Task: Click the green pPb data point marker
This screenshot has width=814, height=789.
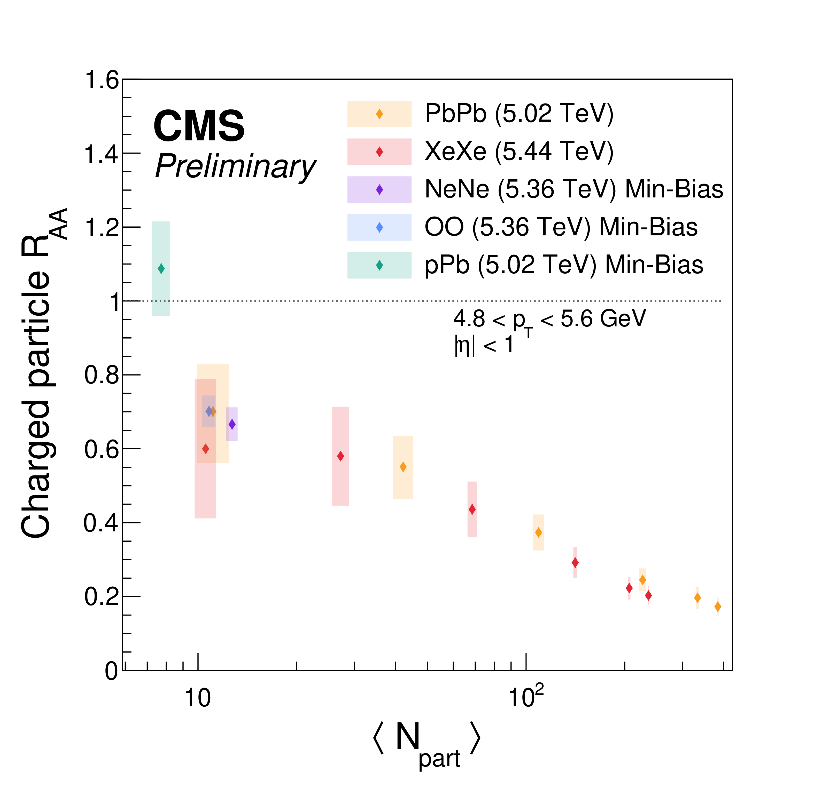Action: pyautogui.click(x=161, y=269)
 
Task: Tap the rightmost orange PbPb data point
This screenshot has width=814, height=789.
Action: pyautogui.click(x=718, y=607)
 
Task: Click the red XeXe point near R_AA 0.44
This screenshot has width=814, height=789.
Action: pyautogui.click(x=472, y=509)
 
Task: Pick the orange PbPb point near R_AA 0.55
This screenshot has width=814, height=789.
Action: pyautogui.click(x=403, y=467)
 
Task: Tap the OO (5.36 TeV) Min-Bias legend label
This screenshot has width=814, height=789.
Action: pyautogui.click(x=561, y=227)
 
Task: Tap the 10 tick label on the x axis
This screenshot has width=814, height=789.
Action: pyautogui.click(x=198, y=698)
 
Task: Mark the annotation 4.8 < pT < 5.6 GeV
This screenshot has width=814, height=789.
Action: pyautogui.click(x=549, y=320)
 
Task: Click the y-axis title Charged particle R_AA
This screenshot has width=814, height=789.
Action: pyautogui.click(x=42, y=373)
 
